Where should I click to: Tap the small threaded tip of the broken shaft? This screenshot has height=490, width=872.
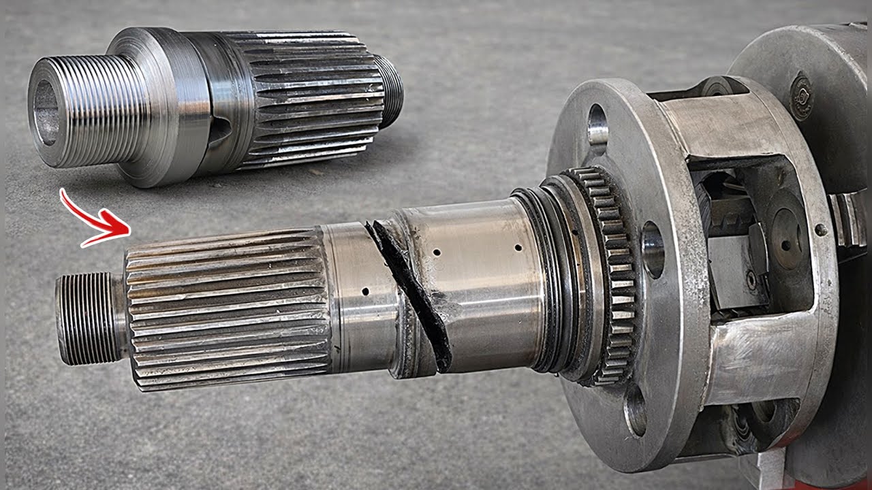(x=89, y=318)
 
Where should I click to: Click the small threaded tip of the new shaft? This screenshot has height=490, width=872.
(x=390, y=92)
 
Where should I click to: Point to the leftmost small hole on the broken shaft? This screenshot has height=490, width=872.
(x=365, y=291)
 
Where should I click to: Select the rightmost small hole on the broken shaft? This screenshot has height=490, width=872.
(x=518, y=248)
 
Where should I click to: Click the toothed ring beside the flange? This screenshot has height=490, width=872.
(x=610, y=272)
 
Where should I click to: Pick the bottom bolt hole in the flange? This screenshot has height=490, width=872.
(x=636, y=410)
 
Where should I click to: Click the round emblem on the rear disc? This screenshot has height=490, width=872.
(x=801, y=95)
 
